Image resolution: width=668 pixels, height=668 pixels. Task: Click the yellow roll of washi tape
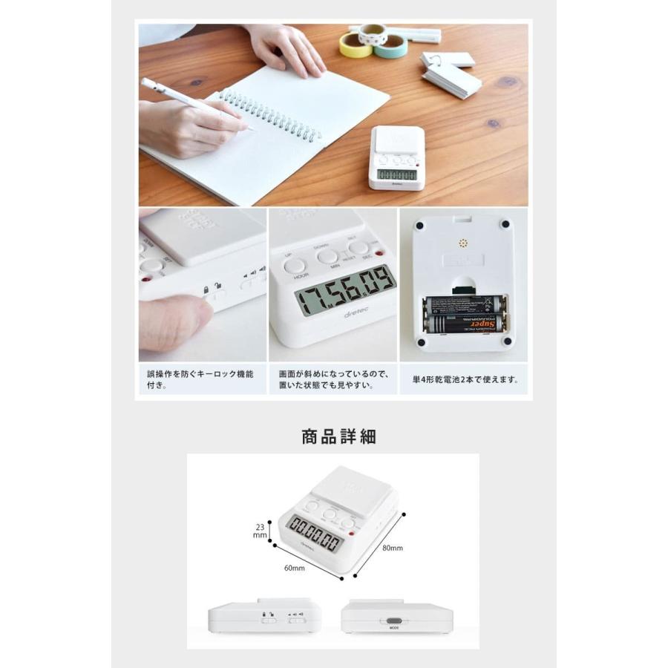click(x=356, y=46)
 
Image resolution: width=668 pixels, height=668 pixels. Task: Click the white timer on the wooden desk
click(x=397, y=157)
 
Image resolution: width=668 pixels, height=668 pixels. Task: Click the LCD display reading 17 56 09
click(x=345, y=292)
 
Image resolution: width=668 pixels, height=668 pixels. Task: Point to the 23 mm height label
click(x=259, y=528)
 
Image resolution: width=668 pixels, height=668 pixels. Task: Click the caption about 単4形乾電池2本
click(x=465, y=379)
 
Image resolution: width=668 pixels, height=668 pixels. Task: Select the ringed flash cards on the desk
click(x=450, y=73)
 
